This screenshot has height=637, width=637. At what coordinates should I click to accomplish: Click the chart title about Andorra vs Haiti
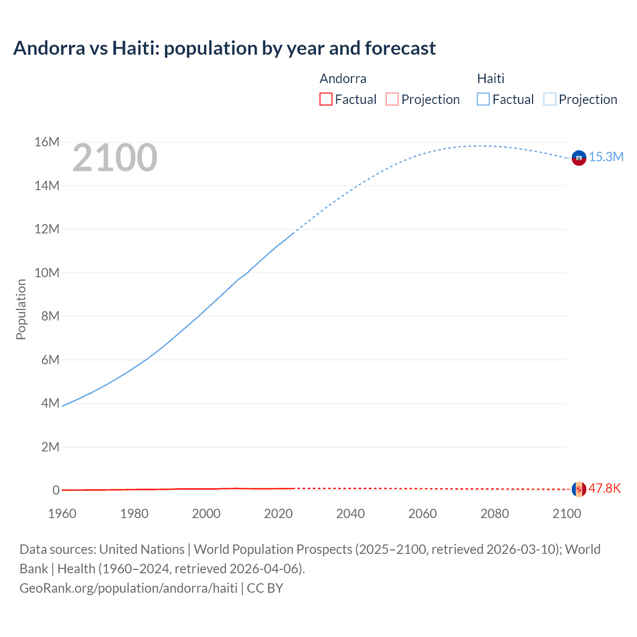[224, 48]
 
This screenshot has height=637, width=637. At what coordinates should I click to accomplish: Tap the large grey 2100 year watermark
[115, 158]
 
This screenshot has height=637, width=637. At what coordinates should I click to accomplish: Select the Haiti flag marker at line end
[579, 158]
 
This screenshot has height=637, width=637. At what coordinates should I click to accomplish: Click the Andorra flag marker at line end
[579, 489]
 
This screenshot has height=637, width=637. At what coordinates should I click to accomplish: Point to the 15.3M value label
[606, 157]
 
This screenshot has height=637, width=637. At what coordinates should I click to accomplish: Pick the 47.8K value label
[605, 488]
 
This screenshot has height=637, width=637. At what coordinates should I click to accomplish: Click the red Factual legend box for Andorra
[326, 100]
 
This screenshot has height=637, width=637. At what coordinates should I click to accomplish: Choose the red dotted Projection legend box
[392, 100]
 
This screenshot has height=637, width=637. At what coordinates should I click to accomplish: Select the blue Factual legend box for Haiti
[483, 100]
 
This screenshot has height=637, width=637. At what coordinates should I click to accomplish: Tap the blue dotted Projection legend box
[550, 100]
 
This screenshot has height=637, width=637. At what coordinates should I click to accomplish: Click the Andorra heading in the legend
[343, 79]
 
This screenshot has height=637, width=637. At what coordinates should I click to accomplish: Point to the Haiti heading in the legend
[491, 79]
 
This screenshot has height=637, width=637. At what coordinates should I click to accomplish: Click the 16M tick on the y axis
[47, 142]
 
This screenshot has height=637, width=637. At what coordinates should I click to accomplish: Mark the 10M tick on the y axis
[47, 273]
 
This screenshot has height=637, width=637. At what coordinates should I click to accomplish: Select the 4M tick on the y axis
[50, 403]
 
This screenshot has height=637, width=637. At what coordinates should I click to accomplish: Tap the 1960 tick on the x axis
[62, 514]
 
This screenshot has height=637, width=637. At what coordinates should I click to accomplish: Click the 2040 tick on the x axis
[350, 514]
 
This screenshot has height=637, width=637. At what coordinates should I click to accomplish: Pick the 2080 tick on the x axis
[495, 514]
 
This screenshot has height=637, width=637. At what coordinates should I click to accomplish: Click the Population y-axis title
[21, 309]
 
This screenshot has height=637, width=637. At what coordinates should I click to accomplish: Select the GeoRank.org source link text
[128, 588]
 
